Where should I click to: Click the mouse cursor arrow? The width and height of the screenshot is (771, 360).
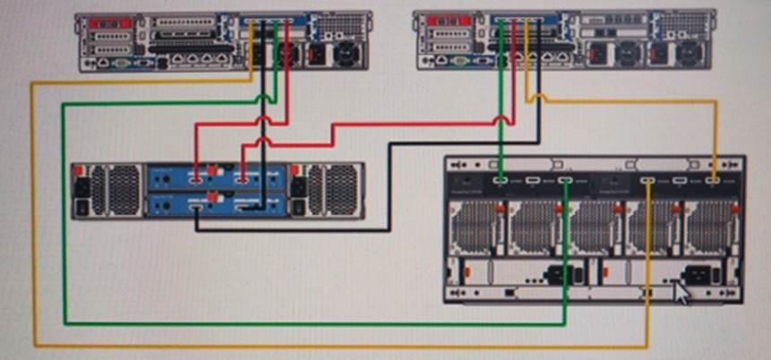683,292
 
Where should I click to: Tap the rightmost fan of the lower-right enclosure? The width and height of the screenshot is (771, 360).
710,227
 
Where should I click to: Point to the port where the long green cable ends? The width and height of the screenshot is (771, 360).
565,182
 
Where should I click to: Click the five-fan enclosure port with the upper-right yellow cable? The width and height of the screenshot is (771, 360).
714,181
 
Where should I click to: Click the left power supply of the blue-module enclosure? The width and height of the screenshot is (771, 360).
107,190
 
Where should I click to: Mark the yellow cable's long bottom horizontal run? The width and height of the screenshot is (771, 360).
340,346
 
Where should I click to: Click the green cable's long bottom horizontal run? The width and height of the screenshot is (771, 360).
313,322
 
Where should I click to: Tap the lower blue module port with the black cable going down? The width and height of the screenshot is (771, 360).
196,208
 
